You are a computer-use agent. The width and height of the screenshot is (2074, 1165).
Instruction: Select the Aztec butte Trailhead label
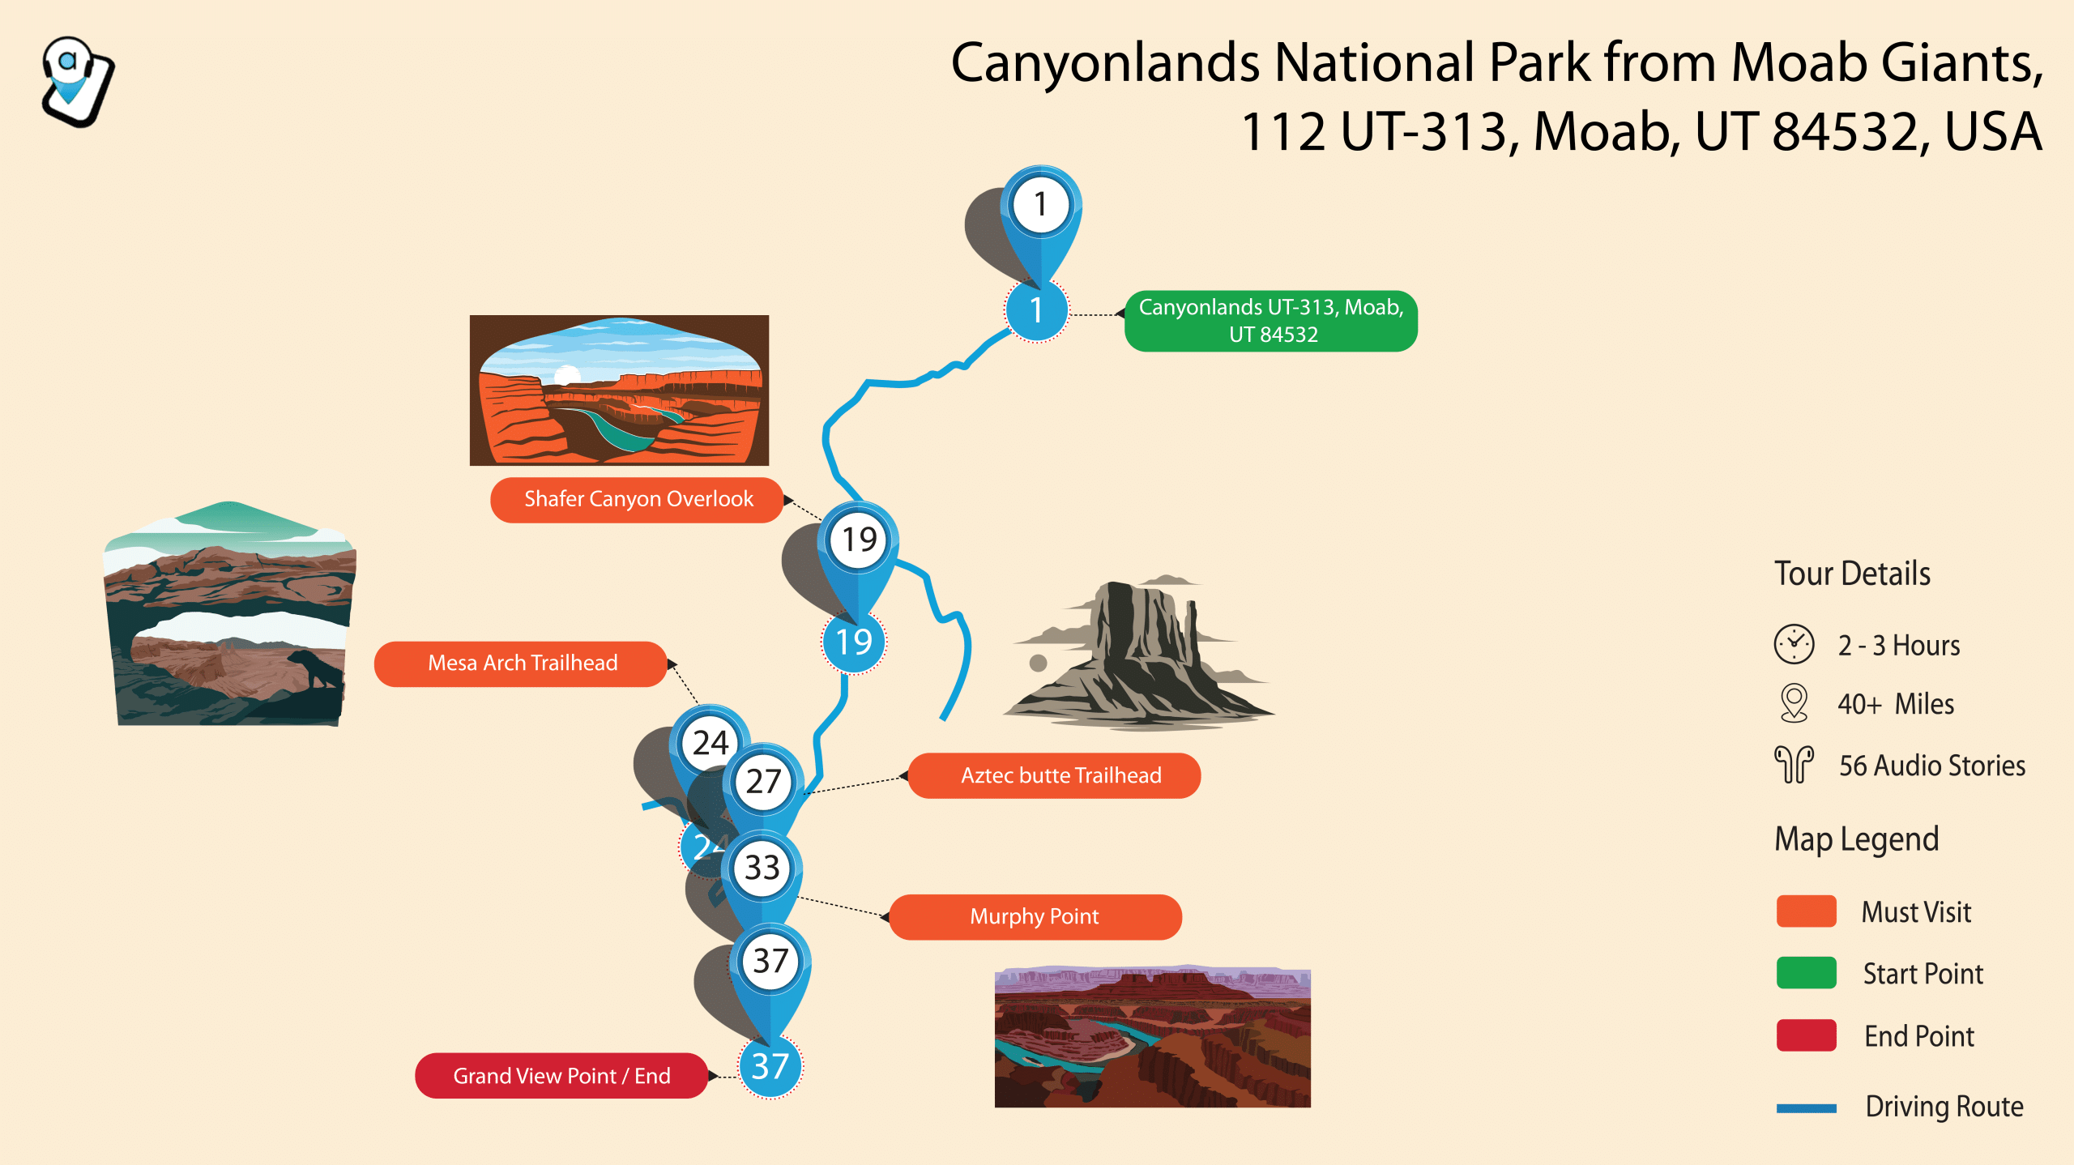(x=1054, y=775)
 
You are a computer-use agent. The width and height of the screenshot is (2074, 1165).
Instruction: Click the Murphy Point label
(x=1035, y=916)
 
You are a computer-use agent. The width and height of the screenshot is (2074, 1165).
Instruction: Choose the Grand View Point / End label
(x=561, y=1075)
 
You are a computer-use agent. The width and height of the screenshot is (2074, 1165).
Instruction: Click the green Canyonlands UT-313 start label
(x=1271, y=321)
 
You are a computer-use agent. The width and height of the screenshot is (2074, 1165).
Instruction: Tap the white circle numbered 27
(x=763, y=782)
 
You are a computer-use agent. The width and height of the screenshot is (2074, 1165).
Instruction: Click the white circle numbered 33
(x=762, y=868)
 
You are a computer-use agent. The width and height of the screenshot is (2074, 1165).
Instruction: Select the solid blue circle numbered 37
(x=770, y=1066)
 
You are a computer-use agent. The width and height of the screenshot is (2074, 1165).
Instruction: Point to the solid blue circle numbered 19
(x=854, y=642)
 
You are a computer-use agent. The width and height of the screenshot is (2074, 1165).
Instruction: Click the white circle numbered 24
(x=711, y=743)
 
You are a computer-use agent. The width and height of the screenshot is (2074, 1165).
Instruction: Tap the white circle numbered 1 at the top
(x=1040, y=204)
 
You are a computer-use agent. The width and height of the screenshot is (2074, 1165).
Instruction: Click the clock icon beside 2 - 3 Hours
(x=1794, y=645)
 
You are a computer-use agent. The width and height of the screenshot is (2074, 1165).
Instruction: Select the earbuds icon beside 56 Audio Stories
(x=1794, y=765)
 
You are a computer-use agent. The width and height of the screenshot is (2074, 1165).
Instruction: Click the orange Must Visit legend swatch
(x=1807, y=911)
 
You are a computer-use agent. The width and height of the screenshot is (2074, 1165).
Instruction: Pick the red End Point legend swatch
(x=1807, y=1035)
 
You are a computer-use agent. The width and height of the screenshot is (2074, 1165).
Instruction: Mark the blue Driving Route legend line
(x=1807, y=1108)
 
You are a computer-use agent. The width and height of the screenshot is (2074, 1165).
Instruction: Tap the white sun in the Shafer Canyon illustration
(x=567, y=374)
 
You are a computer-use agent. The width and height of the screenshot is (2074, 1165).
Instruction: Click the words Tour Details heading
(x=1853, y=574)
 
